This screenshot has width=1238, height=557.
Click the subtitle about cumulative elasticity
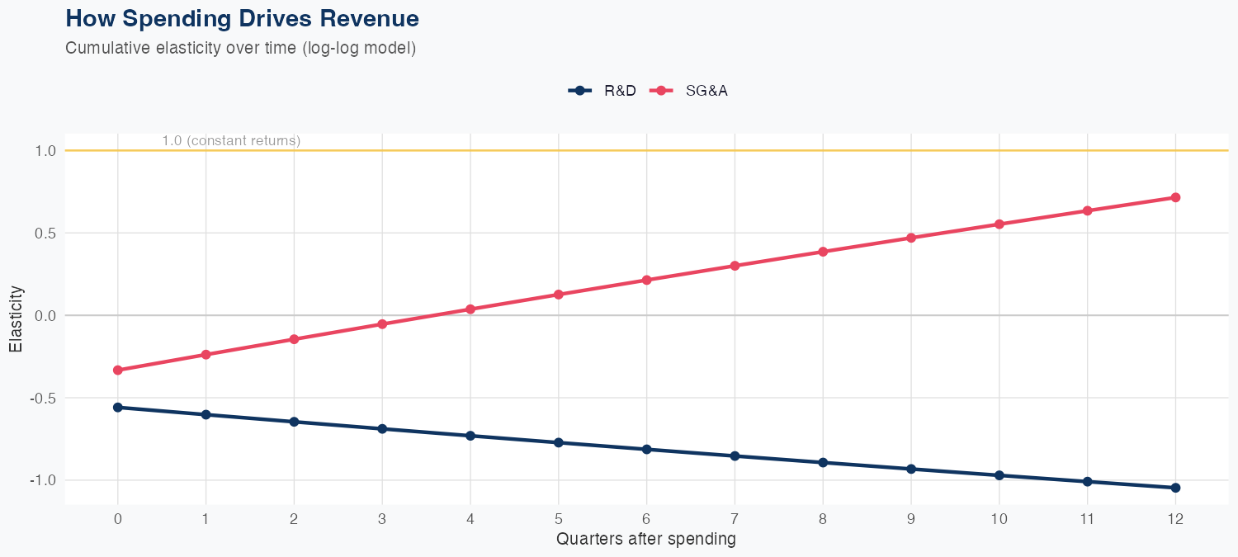[240, 48]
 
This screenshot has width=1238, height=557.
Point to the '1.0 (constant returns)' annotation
[231, 141]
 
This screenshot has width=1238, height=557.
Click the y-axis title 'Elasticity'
[16, 319]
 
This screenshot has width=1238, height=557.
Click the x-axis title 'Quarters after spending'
[646, 540]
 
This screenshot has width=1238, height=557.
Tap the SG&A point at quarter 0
[118, 370]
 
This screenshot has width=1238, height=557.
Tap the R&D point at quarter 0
[118, 408]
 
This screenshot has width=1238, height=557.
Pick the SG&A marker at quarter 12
[1175, 197]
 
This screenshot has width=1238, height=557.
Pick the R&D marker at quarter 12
[1175, 488]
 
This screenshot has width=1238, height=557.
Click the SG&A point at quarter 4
[470, 309]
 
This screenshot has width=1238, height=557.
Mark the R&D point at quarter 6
[647, 449]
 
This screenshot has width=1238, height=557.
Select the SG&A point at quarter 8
[823, 252]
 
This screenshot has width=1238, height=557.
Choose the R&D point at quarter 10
[999, 475]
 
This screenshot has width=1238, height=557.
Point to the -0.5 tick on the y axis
[44, 398]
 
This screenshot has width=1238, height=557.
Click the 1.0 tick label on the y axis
[46, 151]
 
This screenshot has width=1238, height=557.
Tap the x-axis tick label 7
[735, 519]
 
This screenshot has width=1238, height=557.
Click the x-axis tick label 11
[1087, 519]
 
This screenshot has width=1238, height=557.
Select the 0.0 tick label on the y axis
[46, 315]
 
